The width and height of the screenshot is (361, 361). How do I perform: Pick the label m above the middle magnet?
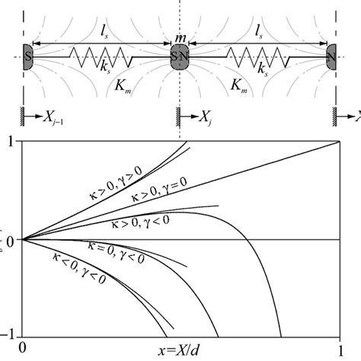[181, 40]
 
